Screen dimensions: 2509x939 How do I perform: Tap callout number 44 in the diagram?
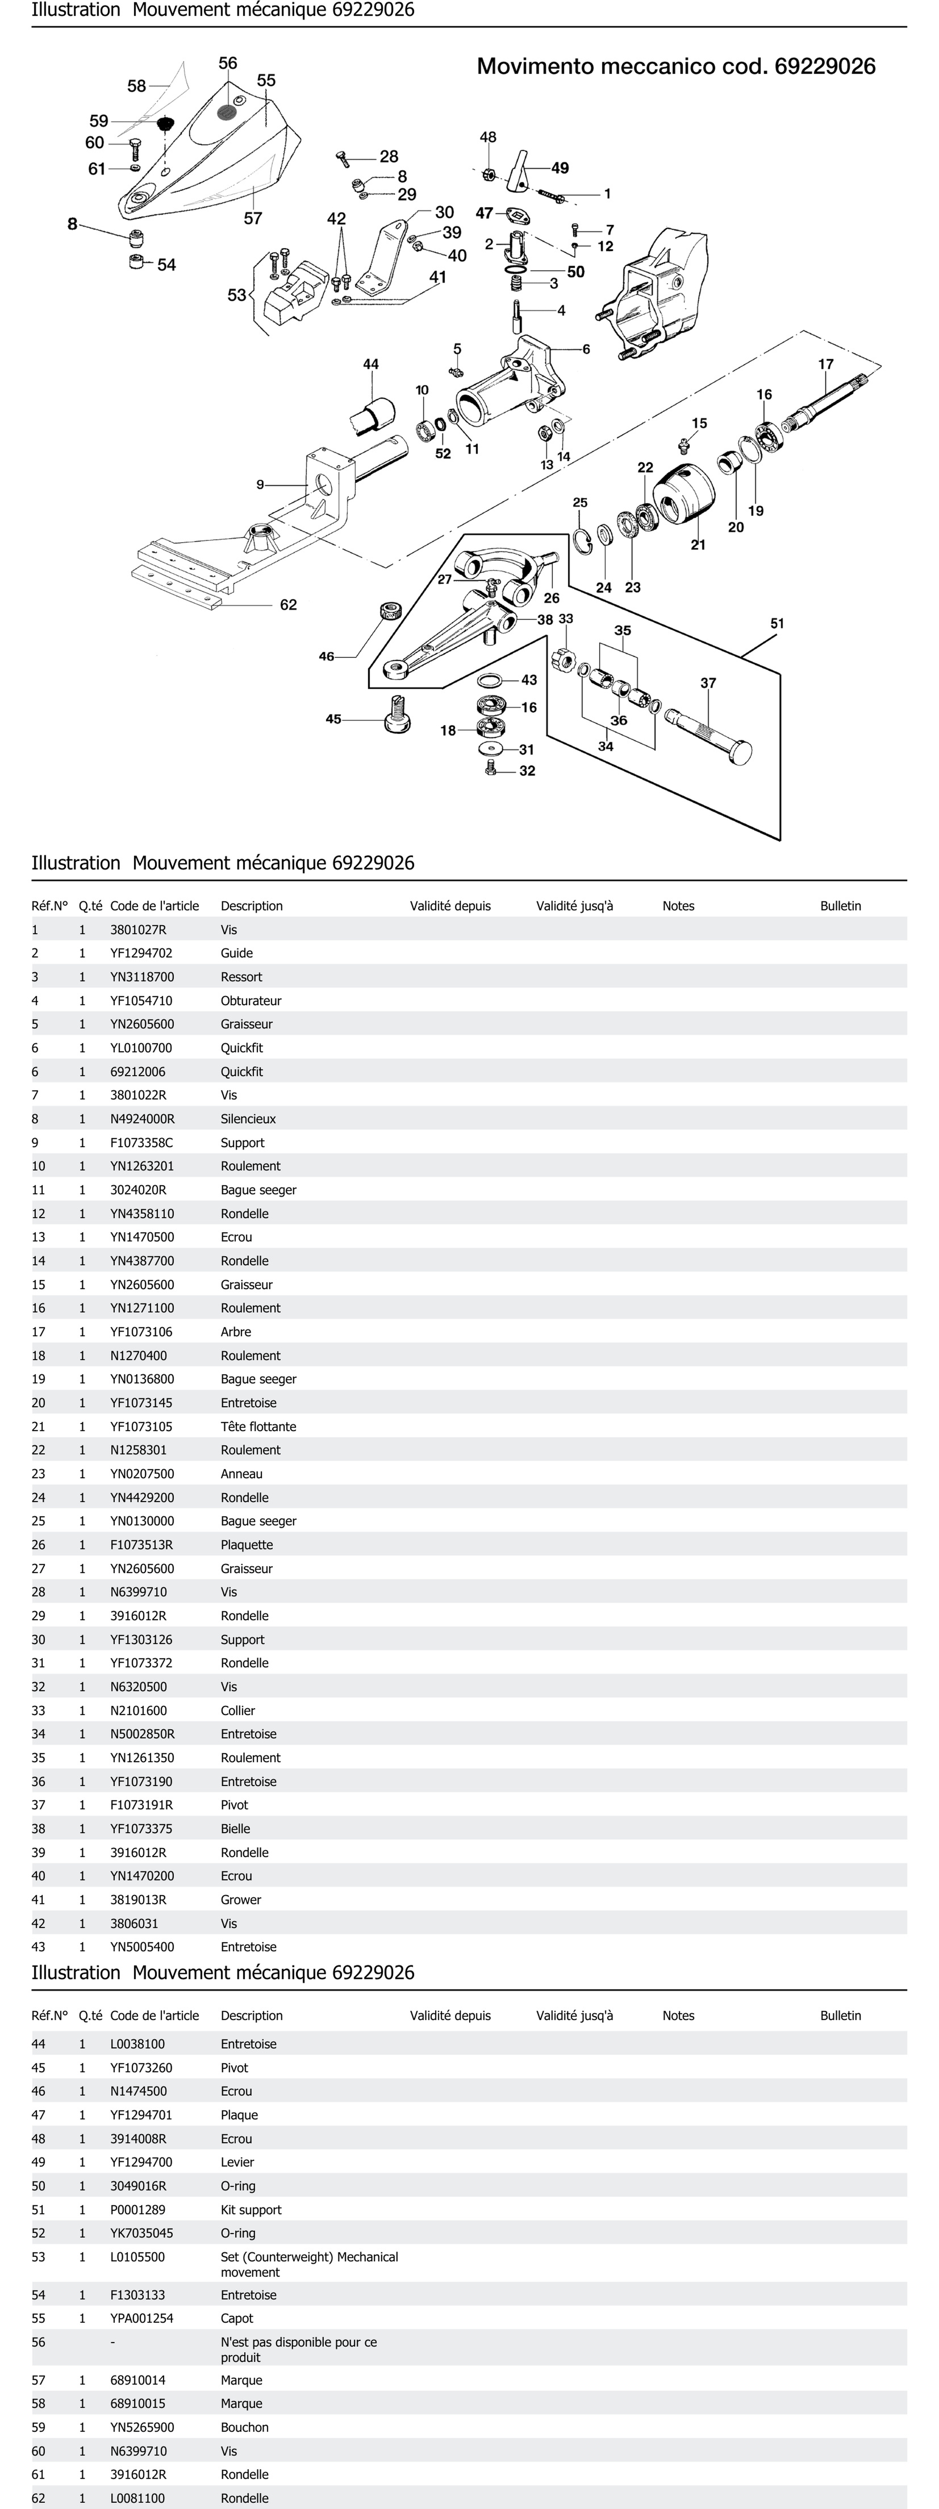click(x=370, y=364)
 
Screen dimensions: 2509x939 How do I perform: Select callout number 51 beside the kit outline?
click(x=776, y=623)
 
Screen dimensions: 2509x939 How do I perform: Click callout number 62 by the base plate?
click(x=288, y=605)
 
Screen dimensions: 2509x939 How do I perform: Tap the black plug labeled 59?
click(x=165, y=124)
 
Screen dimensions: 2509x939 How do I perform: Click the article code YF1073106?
click(x=141, y=1331)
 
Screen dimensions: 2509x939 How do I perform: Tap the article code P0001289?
click(x=137, y=2210)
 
